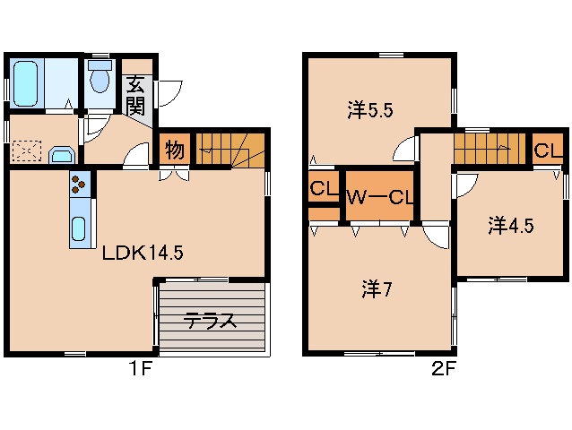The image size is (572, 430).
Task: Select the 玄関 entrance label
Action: pos(135,96)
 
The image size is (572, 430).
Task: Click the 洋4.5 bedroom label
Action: pos(511,226)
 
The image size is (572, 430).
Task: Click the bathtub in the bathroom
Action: pos(26,82)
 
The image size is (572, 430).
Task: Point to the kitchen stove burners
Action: pos(79,185)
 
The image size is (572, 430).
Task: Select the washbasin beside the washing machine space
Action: pos(61,155)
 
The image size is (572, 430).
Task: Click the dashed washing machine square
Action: pos(26,149)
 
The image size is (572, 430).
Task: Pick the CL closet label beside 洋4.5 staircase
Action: pos(547,150)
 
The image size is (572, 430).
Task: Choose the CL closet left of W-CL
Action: pos(319,189)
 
